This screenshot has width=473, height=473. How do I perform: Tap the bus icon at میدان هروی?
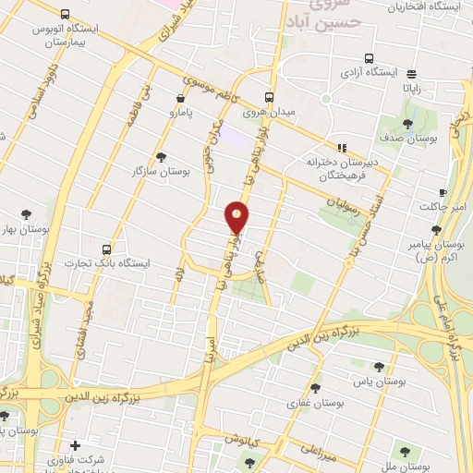point(270,96)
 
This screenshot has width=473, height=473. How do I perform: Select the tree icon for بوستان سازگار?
point(162,157)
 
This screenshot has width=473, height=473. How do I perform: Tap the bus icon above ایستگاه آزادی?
point(370,55)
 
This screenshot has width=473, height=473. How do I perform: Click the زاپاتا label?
point(410,88)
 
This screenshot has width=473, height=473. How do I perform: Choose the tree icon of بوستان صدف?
point(408,123)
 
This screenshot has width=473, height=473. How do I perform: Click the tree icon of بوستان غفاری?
point(316,388)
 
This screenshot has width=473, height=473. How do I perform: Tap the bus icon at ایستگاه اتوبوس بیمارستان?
point(65,15)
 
